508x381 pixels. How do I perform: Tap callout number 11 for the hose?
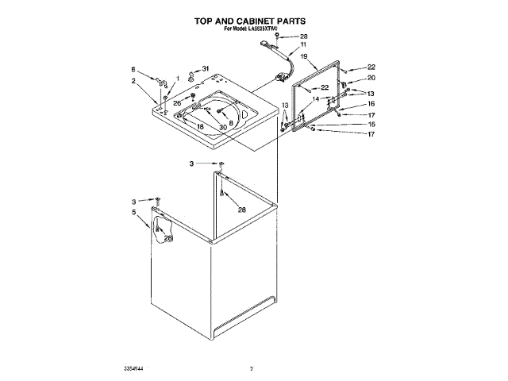[303, 46]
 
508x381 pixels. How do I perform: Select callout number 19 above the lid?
[303, 56]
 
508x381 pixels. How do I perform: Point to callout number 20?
[371, 78]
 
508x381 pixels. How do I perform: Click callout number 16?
[371, 103]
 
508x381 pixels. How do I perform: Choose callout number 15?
[371, 124]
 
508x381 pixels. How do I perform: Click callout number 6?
[133, 70]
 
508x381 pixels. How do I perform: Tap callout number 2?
[133, 81]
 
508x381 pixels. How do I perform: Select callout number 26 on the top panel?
[178, 104]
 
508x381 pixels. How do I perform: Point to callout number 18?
[200, 127]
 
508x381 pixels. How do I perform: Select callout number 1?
[178, 78]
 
